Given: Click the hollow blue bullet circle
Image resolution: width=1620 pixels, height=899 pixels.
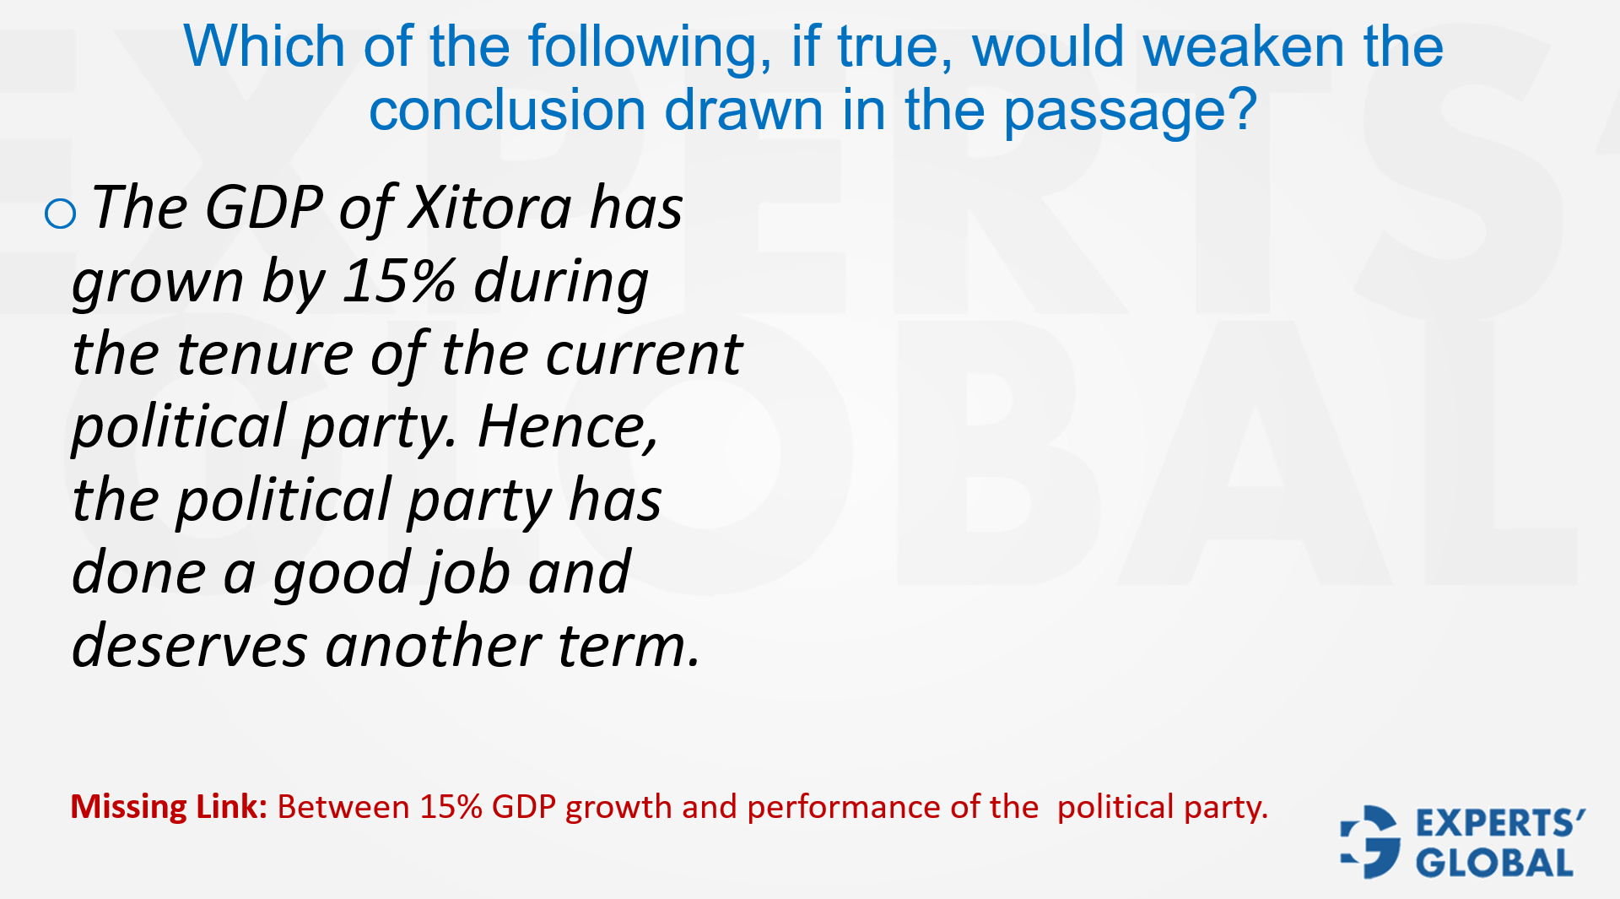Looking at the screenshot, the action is point(60,214).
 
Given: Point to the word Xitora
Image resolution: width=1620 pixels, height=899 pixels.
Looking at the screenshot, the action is point(489,207).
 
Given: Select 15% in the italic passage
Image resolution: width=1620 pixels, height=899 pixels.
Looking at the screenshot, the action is point(399,280).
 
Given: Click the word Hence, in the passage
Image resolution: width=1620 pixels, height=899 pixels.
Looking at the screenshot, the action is point(567,427).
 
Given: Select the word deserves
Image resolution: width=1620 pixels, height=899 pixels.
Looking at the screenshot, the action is point(190,647).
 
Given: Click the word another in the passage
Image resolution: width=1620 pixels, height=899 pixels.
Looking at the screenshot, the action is point(432,647).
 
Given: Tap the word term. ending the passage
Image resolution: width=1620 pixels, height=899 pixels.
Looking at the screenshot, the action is point(629,647).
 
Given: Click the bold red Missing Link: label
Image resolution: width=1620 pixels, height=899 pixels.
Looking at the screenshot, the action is point(169,807).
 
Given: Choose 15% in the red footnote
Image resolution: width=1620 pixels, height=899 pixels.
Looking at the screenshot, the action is point(451,807).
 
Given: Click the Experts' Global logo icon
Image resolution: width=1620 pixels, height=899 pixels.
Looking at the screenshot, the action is point(1370,842).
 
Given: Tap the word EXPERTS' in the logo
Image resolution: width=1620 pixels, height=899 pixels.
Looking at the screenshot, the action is point(1500,823).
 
